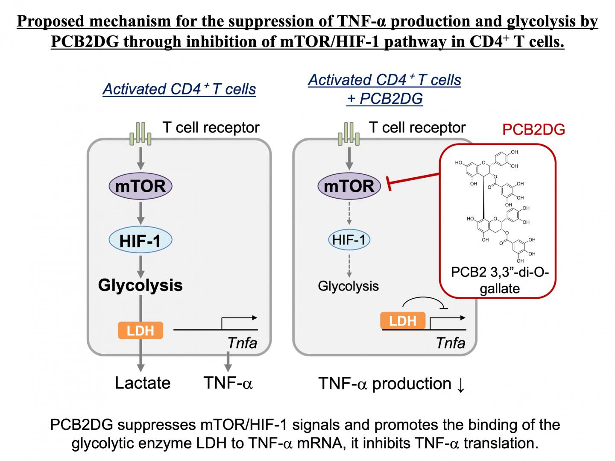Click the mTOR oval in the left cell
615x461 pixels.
point(140,186)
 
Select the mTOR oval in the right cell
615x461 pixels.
point(349,186)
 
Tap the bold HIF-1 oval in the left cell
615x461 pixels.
point(140,241)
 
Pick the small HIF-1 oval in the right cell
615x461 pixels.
point(349,240)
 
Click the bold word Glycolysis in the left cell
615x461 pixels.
point(140,285)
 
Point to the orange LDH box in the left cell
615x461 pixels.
point(140,330)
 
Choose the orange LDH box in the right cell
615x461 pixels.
point(403,320)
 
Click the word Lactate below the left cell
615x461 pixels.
point(143,383)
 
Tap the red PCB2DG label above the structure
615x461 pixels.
point(533,129)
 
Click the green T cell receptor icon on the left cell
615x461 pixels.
point(141,134)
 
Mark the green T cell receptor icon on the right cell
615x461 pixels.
point(348,134)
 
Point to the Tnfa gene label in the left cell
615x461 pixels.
point(242,343)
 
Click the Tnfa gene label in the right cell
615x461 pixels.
point(450,343)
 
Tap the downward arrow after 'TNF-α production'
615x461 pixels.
point(460,384)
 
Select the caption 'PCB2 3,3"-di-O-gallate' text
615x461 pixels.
point(499,280)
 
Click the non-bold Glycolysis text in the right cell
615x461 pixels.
point(348,286)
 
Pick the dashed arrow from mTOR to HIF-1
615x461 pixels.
point(349,215)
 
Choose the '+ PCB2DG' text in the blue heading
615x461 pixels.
point(384,99)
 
